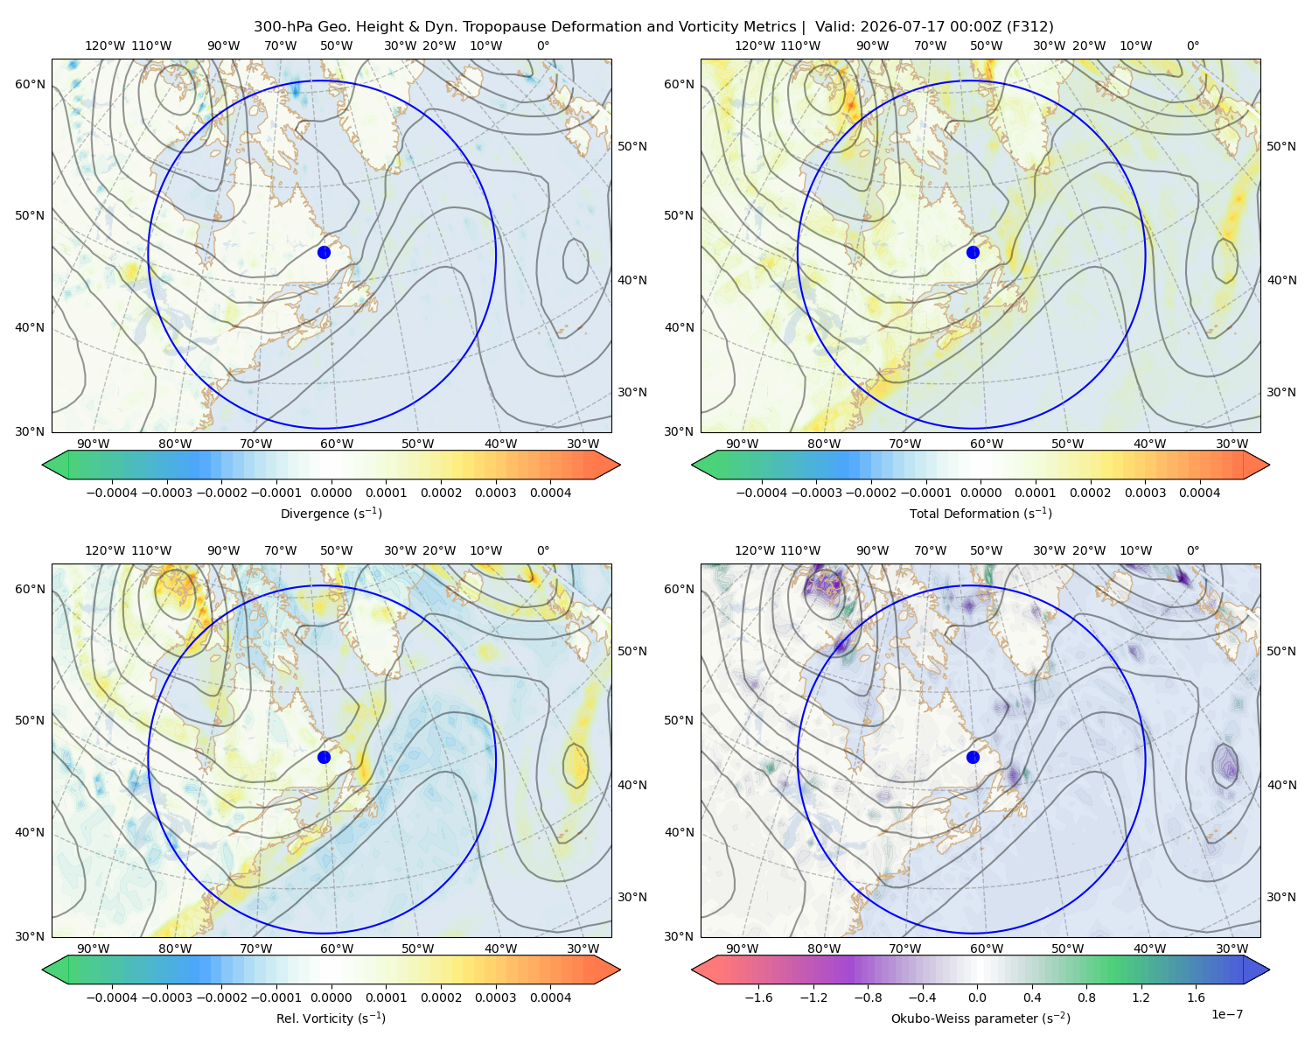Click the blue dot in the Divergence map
click(324, 252)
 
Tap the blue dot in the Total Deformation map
click(973, 252)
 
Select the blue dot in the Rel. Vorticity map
click(324, 757)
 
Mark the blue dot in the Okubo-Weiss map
click(973, 757)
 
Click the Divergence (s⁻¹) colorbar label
click(331, 513)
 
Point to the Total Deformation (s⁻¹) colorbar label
click(981, 513)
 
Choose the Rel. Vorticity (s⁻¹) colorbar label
click(331, 1018)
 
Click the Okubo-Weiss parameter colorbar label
click(981, 1018)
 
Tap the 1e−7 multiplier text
click(1226, 1014)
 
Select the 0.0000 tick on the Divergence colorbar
click(331, 493)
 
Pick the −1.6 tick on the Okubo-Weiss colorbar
click(758, 997)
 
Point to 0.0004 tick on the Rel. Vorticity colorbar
click(550, 997)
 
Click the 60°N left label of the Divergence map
click(30, 84)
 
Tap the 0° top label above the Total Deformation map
click(1192, 45)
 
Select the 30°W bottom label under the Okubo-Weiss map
click(1232, 948)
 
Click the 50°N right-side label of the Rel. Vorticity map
click(632, 651)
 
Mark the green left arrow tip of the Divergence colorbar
click(43, 465)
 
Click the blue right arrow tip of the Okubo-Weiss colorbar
click(1269, 969)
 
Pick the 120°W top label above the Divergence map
click(105, 45)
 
